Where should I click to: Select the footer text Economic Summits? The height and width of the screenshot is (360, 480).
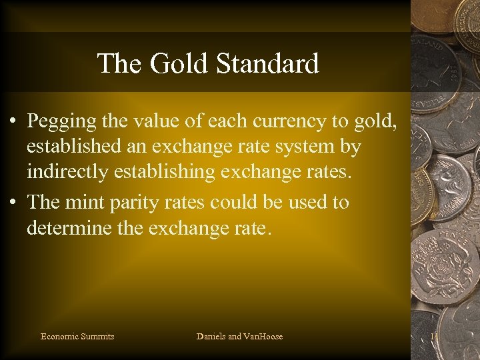click(77, 337)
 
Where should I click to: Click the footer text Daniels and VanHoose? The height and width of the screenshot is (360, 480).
click(239, 337)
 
